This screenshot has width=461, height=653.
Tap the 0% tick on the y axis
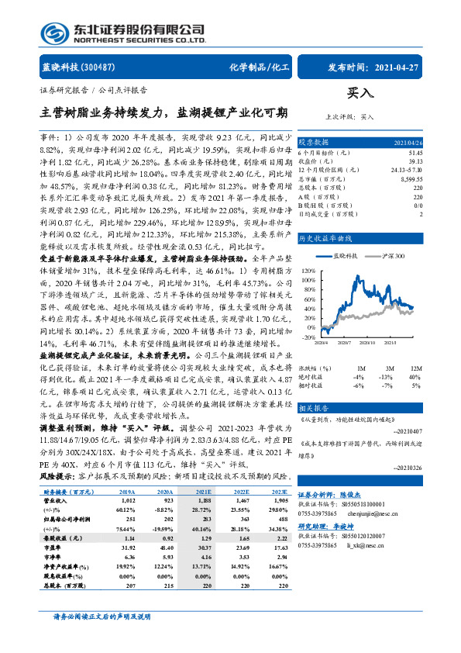click(308, 326)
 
